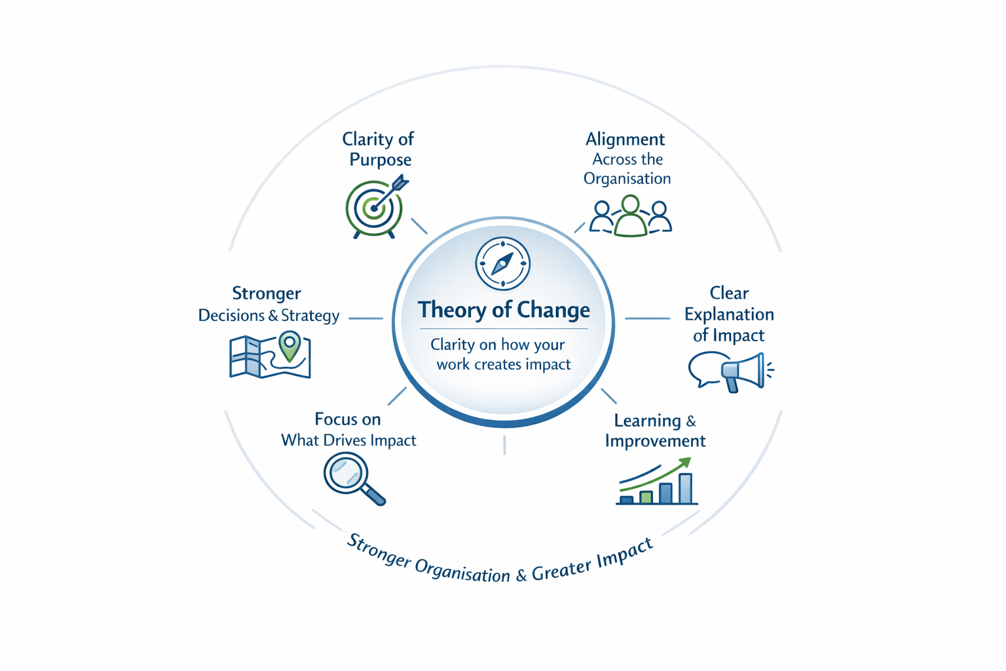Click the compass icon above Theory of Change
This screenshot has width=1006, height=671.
pyautogui.click(x=502, y=263)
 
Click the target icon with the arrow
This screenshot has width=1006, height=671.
pyautogui.click(x=374, y=208)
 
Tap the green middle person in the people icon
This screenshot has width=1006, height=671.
pyautogui.click(x=630, y=216)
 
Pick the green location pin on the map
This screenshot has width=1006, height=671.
pyautogui.click(x=289, y=346)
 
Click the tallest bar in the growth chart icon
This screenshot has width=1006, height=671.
pyautogui.click(x=685, y=488)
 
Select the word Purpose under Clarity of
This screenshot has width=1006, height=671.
pyautogui.click(x=381, y=160)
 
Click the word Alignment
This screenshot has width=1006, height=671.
pyautogui.click(x=625, y=139)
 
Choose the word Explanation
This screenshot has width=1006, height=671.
pyautogui.click(x=729, y=315)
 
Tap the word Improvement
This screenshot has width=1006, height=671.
pyautogui.click(x=655, y=441)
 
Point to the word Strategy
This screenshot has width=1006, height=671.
pyautogui.click(x=310, y=316)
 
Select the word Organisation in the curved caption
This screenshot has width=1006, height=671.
pyautogui.click(x=462, y=572)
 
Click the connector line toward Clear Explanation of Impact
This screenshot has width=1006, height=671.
pyautogui.click(x=647, y=318)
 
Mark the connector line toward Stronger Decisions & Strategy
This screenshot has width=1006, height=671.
pyautogui.click(x=365, y=318)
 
